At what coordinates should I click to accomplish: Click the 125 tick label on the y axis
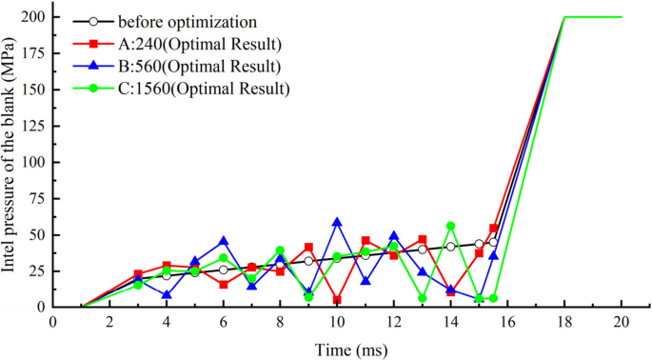(34, 126)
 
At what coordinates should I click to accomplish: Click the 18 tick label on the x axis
(564, 323)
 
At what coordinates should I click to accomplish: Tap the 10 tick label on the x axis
(337, 323)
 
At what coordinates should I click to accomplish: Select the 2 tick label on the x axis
(109, 323)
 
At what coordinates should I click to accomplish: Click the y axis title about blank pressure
(11, 162)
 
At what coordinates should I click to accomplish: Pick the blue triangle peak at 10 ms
(337, 222)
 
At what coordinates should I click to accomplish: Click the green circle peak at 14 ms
(450, 226)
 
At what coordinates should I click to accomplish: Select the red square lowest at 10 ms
(337, 300)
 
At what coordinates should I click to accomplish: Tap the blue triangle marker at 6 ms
(224, 241)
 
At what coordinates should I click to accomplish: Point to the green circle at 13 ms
(422, 298)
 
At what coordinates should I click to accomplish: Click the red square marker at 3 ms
(138, 274)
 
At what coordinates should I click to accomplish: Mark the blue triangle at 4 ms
(167, 295)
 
